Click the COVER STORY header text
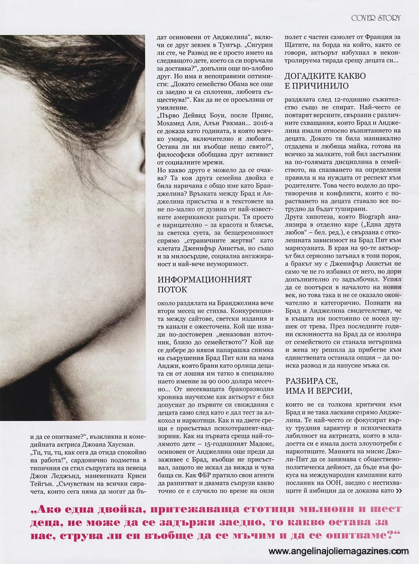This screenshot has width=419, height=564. click(x=376, y=18)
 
